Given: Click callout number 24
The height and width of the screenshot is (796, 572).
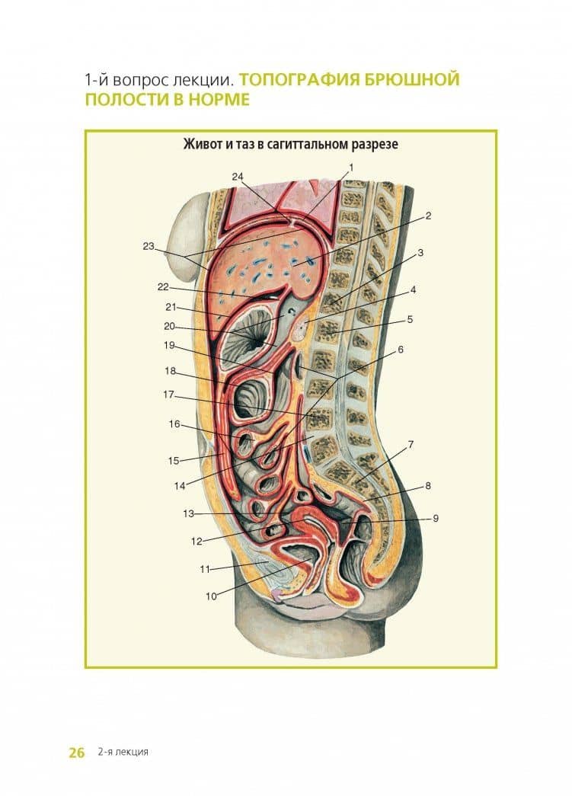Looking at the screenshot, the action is tap(238, 177).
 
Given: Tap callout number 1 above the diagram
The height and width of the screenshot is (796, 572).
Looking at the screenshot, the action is tap(350, 167).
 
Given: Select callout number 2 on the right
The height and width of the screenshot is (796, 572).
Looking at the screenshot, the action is tap(428, 216).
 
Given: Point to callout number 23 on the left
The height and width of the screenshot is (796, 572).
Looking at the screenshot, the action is tap(149, 246).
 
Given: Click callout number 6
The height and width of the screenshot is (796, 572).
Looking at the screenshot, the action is tap(401, 350).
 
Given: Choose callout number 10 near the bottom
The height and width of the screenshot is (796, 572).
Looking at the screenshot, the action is tap(211, 596).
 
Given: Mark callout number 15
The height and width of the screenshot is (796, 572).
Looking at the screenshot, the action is tap(174, 461).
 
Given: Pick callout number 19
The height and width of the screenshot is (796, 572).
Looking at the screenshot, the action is tap(169, 345).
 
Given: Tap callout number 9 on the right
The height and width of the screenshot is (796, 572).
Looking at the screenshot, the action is tap(436, 518).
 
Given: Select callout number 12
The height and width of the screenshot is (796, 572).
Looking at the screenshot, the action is tap(197, 541).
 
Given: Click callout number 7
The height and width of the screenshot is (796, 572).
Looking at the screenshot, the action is tap(411, 445).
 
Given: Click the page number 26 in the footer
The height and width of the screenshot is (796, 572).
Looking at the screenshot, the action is tap(77, 752).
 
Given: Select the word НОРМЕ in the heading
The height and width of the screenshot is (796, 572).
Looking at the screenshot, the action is tap(219, 99).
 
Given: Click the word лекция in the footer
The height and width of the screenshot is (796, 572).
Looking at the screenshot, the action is tap(132, 753).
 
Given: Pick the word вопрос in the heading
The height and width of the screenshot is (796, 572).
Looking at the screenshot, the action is tap(139, 80).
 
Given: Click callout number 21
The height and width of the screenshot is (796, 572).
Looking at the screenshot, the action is tap(171, 307).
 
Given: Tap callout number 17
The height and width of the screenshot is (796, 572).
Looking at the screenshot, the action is tap(168, 395).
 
